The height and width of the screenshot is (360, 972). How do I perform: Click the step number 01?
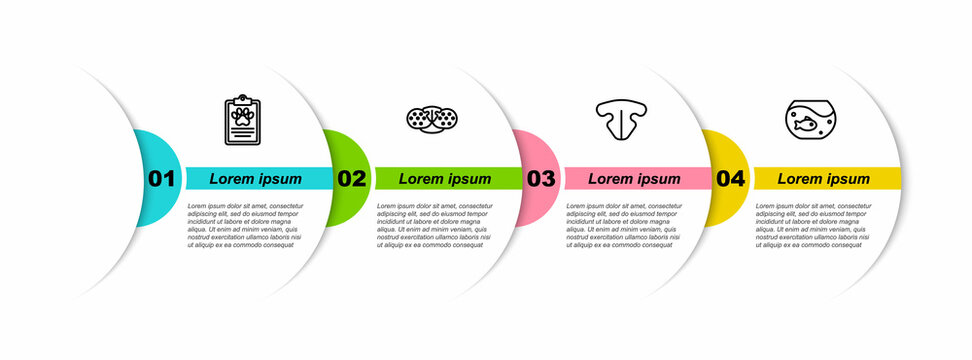pos(161,179)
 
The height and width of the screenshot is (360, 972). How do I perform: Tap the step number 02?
pos(351,179)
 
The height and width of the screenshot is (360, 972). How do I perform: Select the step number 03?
pos(541,179)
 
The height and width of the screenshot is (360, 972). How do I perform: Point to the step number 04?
pos(731,179)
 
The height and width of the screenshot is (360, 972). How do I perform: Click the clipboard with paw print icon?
pos(241,121)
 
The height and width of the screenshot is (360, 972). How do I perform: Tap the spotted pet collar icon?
pos(432,118)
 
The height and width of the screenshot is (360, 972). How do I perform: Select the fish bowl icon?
pos(811,119)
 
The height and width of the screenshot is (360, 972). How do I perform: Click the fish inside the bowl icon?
pos(806,125)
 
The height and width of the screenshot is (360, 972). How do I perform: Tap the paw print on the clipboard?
pos(241,115)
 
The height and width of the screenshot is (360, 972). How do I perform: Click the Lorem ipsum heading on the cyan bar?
pos(255,179)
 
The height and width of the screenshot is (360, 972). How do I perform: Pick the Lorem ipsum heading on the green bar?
pos(445,179)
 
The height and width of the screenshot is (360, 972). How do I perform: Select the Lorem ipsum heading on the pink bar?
pos(634,179)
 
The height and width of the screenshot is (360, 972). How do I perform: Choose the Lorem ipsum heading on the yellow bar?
pos(824,179)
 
